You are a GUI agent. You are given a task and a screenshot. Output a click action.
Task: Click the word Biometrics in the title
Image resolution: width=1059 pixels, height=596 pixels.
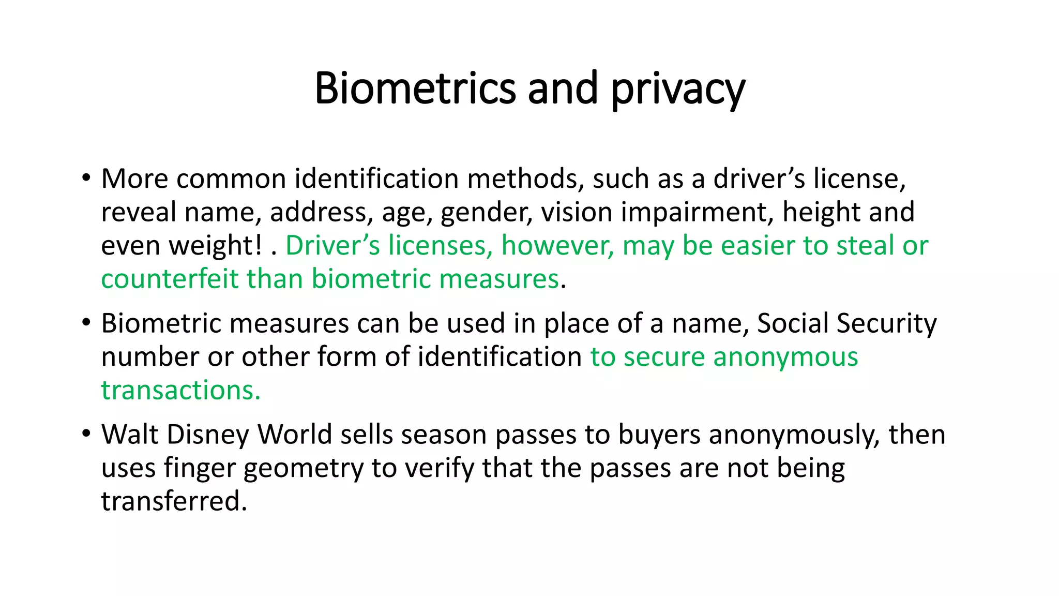[x=415, y=88]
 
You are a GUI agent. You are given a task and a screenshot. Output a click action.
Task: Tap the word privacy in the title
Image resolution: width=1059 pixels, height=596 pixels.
[x=678, y=89]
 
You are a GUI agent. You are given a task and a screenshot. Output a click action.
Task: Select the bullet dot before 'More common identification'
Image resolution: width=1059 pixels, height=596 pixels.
[x=86, y=178]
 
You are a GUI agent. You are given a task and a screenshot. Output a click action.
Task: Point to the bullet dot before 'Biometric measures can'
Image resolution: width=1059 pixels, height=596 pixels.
[x=86, y=323]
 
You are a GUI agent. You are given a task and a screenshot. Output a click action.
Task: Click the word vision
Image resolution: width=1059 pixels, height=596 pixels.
[x=576, y=212]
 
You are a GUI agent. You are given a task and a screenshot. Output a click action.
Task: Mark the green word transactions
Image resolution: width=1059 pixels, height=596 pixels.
[x=180, y=390]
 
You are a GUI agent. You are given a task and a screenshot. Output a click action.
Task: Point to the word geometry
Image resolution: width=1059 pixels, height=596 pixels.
[x=303, y=469]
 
